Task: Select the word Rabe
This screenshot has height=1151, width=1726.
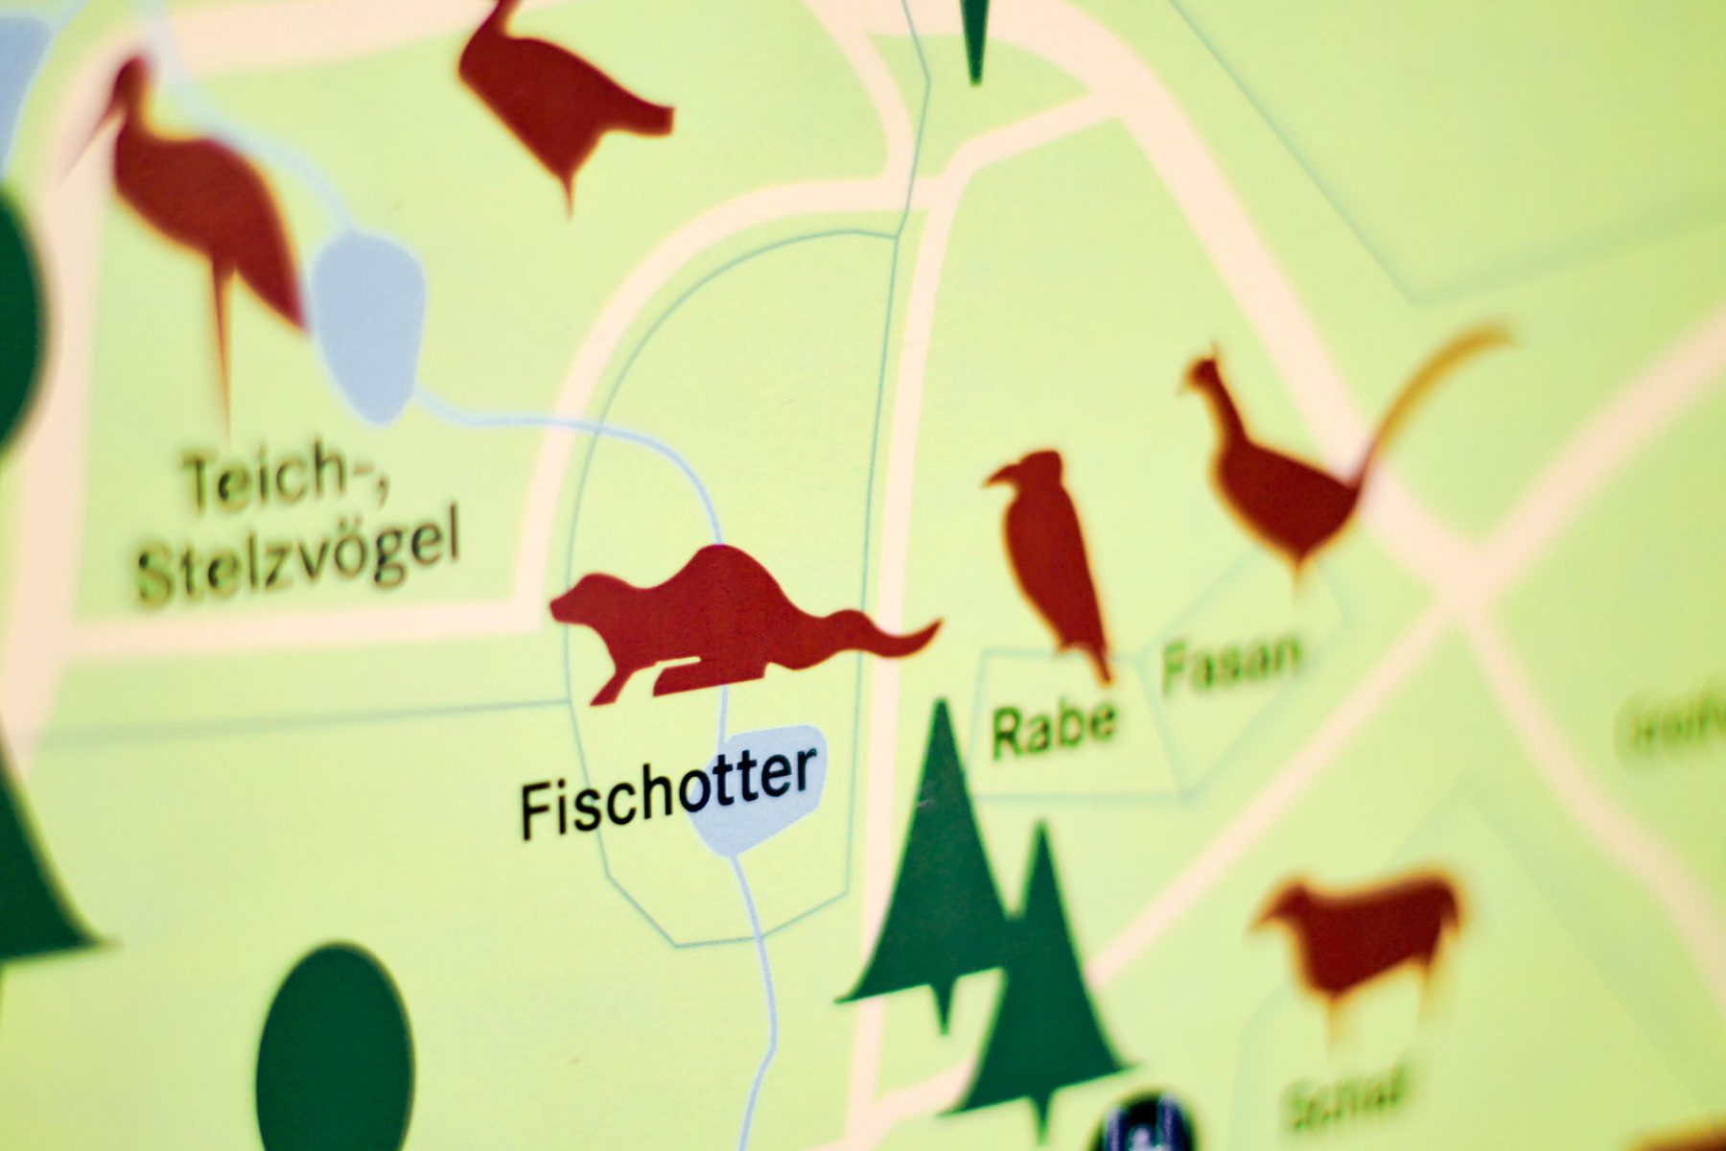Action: click(x=1053, y=727)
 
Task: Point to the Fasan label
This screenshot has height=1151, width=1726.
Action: click(x=1231, y=660)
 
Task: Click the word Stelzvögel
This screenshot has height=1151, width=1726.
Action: click(x=297, y=561)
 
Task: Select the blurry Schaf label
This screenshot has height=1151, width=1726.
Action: click(x=1342, y=1093)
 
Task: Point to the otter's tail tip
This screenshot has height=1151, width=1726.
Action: click(x=930, y=628)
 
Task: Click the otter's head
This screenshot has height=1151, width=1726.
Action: click(x=580, y=604)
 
